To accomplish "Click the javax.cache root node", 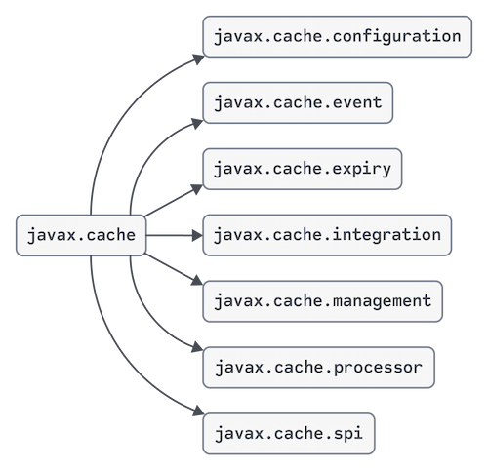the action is (81, 235).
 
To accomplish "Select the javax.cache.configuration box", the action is (338, 36).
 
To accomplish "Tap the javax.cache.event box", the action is (298, 102).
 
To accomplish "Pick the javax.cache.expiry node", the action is (303, 169).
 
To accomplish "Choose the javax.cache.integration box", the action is (327, 235).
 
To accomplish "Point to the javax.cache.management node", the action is (322, 301).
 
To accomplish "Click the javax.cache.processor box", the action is (318, 368).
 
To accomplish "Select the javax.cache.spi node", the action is (289, 434).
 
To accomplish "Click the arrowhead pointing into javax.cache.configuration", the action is (198, 59).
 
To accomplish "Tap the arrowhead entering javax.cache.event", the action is (197, 124).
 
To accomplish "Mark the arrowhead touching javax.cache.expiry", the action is (197, 189).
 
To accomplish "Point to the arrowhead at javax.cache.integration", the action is (197, 235).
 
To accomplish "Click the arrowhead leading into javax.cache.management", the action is (197, 281).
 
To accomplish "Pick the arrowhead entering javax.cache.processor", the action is (197, 347).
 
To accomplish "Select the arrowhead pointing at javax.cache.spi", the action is (198, 411).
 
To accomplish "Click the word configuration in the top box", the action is (396, 36).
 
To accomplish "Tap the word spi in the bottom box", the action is (347, 434).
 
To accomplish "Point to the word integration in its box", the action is (386, 235).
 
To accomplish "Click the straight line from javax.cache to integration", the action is (169, 235).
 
